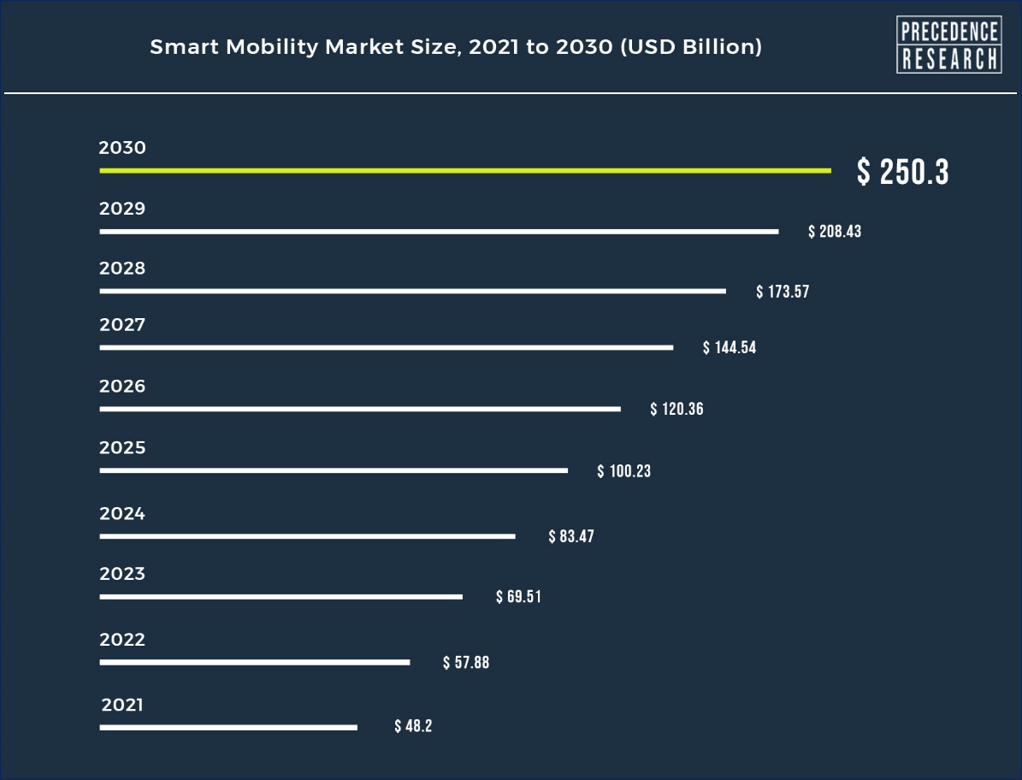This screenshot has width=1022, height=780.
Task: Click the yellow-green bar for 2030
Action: coord(465,171)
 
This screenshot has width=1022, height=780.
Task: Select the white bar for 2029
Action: coord(440,231)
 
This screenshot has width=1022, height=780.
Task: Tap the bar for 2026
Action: coord(360,409)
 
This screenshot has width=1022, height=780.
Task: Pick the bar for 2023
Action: coord(281,597)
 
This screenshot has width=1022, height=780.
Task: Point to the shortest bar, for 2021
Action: coord(228,727)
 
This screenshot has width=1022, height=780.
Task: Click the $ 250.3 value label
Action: coord(903,172)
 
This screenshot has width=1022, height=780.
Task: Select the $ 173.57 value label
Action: coord(783,292)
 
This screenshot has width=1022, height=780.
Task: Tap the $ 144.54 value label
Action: coord(730,347)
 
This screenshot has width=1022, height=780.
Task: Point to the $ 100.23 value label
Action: coord(623,471)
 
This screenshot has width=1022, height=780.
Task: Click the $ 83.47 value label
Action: coord(571,536)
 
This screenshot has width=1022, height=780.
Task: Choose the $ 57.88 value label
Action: coord(466,663)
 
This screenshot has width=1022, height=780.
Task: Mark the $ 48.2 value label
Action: coord(413,726)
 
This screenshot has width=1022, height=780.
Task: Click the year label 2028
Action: coord(122,269)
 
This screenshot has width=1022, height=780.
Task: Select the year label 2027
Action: coord(122,324)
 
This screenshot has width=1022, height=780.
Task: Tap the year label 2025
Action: coord(122,447)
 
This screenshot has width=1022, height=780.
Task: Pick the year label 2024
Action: coord(122,513)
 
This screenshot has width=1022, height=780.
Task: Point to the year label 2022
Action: coord(122,639)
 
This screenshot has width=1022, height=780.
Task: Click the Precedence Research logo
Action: coord(949,44)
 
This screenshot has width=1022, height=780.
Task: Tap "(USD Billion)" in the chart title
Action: coord(691,47)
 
